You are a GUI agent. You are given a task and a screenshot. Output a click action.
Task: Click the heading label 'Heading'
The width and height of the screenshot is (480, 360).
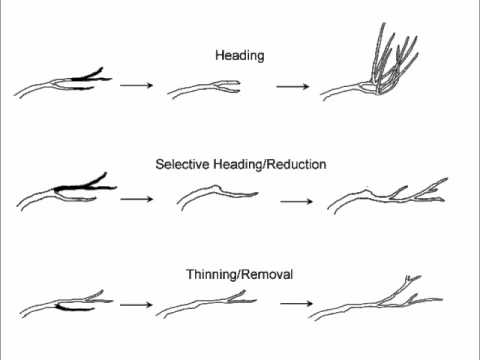(239, 56)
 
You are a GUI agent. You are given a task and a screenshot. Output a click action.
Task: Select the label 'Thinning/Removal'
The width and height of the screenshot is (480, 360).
(238, 273)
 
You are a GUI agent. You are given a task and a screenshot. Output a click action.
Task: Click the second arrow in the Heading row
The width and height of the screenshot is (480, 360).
(292, 86)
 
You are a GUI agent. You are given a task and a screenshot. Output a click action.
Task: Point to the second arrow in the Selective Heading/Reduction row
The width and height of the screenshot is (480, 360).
(296, 201)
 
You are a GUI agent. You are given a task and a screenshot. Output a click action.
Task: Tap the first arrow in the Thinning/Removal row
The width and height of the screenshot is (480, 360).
(135, 303)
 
